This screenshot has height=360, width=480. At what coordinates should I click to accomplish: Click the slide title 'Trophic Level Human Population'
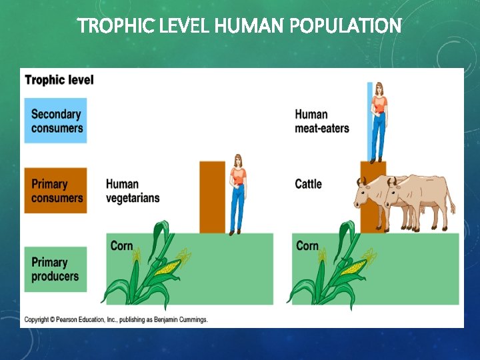point(239,26)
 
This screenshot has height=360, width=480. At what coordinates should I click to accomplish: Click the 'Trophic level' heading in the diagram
point(59,80)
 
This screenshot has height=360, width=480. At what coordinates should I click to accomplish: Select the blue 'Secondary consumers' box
point(55,121)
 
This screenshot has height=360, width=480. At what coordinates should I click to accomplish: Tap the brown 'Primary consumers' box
point(55,191)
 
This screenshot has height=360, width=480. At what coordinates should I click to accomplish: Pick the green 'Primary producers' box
point(55,269)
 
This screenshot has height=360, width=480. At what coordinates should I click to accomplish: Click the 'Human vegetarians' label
point(133,191)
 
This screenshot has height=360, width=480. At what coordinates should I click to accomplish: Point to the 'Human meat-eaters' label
point(322,121)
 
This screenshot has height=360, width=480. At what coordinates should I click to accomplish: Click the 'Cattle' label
point(308,184)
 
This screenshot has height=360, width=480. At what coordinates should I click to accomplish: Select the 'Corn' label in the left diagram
point(121,246)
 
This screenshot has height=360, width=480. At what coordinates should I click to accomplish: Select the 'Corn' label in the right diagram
point(307,246)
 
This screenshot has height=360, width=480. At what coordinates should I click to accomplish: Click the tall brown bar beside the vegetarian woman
point(213,197)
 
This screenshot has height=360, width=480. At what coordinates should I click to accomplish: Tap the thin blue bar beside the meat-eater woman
point(370,120)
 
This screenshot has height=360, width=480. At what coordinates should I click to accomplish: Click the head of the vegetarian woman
point(237,161)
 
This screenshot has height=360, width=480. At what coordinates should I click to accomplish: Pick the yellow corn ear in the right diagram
point(353,268)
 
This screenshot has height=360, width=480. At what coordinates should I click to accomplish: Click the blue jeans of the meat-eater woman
point(378,137)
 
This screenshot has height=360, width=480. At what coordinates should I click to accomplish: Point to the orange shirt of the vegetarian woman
point(238,177)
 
